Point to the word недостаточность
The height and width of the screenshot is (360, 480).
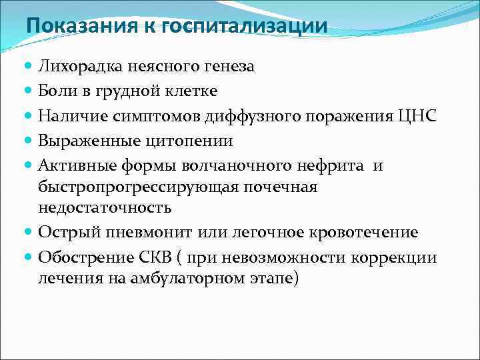pyautogui.click(x=104, y=208)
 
